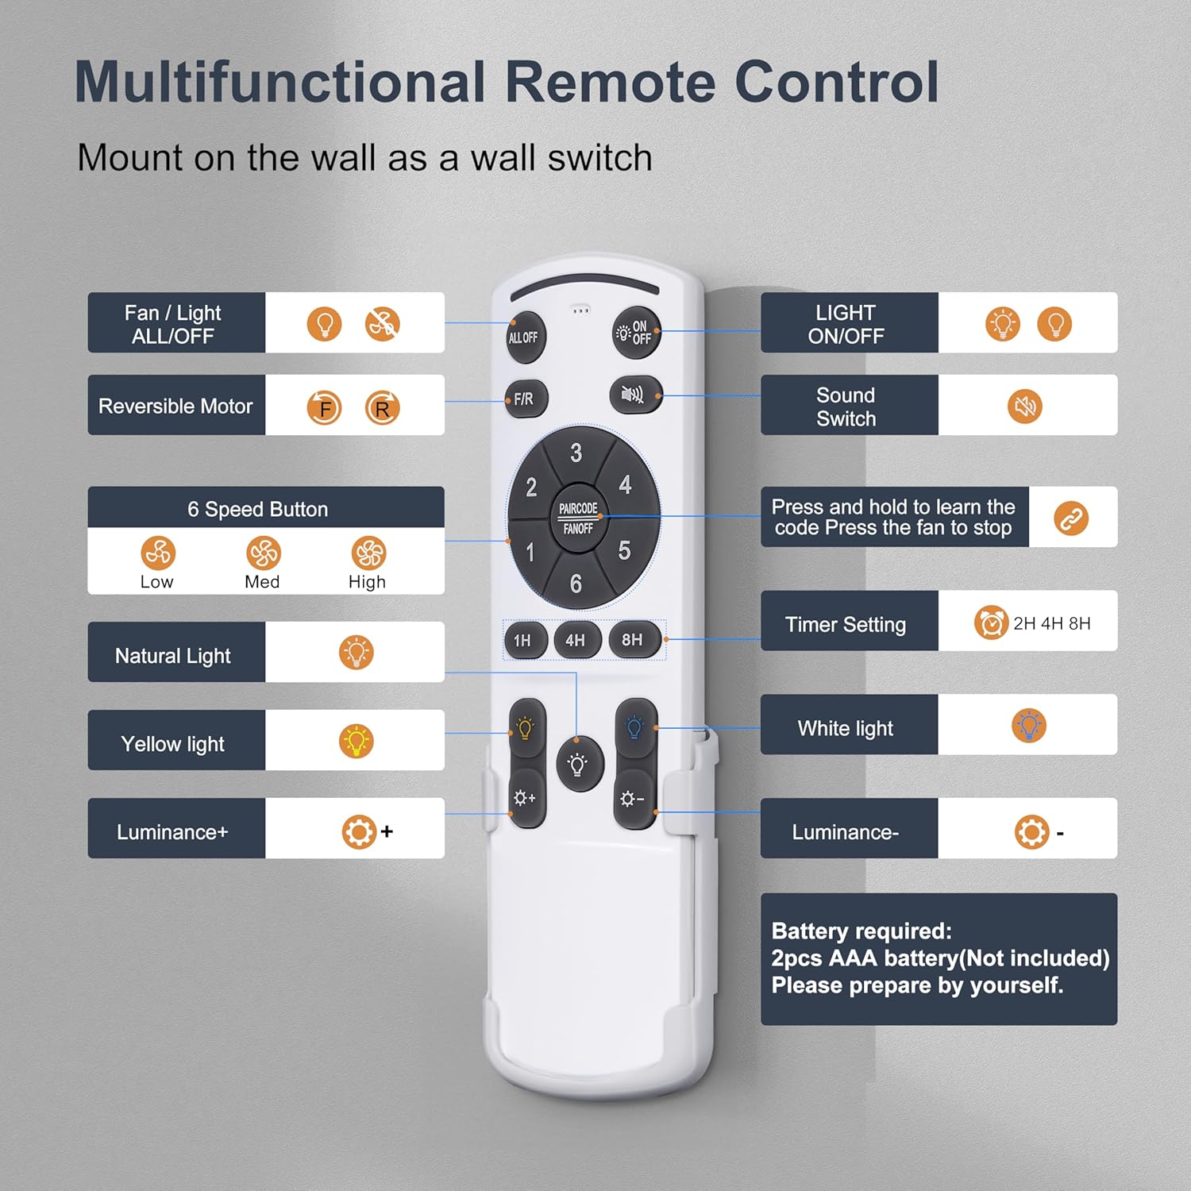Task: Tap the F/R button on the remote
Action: coord(526,399)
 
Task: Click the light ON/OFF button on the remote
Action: coord(635,332)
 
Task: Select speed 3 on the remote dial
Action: coord(576,453)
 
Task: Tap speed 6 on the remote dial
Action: coord(576,584)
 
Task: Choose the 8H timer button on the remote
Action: coord(634,640)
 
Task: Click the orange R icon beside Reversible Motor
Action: coord(382,408)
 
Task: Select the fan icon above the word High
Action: coord(368,553)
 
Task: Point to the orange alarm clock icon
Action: coord(991,622)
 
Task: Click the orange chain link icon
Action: coord(1071,518)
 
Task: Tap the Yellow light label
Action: coord(173,744)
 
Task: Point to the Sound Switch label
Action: coord(846,407)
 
